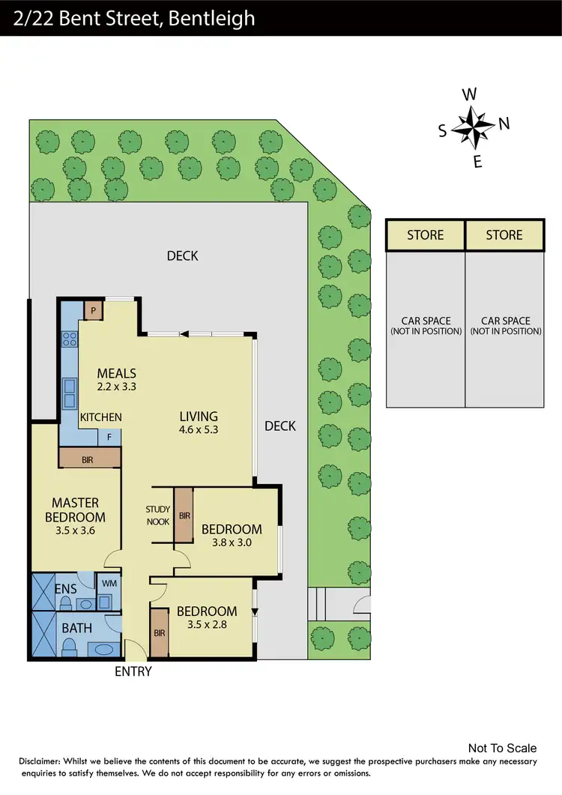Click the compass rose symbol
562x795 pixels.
click(x=471, y=127)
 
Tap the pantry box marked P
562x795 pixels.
click(x=93, y=310)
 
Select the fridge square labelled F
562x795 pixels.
click(x=109, y=437)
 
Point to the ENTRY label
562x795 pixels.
click(x=133, y=671)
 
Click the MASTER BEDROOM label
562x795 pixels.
click(x=75, y=510)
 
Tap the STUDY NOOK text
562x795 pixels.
click(x=158, y=516)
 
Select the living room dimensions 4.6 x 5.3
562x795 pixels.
click(x=199, y=430)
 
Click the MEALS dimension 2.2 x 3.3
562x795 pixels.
click(x=116, y=387)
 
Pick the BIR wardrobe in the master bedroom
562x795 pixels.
click(x=88, y=459)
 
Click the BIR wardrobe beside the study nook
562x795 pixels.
click(x=184, y=516)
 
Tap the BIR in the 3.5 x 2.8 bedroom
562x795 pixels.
click(x=159, y=632)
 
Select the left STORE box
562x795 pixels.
click(x=426, y=235)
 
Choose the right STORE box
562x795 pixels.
click(x=504, y=235)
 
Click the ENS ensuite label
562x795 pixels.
click(x=65, y=589)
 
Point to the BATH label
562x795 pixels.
click(x=77, y=628)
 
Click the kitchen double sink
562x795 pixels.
click(x=69, y=386)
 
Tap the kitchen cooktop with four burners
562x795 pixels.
click(x=70, y=339)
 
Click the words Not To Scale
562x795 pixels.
click(x=502, y=748)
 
